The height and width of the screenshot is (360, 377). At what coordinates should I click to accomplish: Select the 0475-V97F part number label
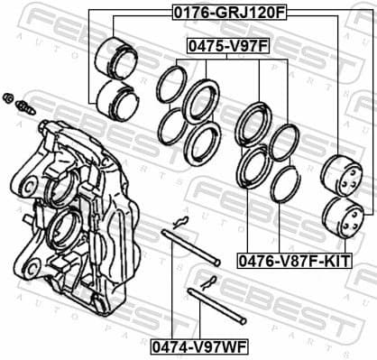(228, 43)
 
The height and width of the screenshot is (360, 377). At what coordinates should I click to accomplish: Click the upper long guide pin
(190, 249)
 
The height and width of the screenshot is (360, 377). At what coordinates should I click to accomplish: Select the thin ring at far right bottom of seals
(286, 184)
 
